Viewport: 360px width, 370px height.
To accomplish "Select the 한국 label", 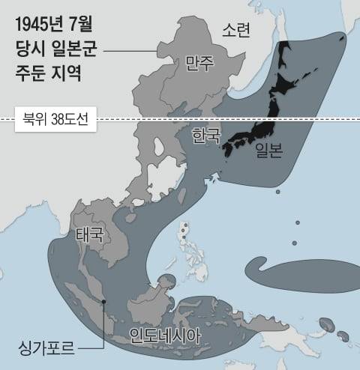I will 206,136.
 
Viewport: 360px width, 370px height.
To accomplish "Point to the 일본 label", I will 268,152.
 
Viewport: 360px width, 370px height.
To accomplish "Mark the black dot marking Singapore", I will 103,302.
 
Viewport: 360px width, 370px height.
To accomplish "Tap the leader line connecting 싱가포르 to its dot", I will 103,330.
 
